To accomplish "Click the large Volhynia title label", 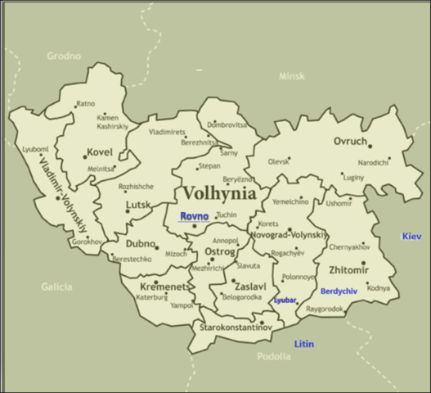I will coord(218,193).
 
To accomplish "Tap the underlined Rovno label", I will coord(195,216).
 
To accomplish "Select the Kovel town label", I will coord(101,152).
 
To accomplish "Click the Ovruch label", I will coord(350,142).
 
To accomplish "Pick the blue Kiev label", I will coord(411,237).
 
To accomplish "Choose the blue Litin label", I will coord(303,344).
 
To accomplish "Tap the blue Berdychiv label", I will coord(339,291).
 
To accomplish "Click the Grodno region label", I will coord(64,56).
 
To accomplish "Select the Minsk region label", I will coord(291,76).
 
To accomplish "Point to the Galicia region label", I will coord(56,287).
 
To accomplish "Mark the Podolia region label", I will coord(274,356).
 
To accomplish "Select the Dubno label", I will coord(141,244).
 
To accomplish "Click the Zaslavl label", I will coord(250,287).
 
